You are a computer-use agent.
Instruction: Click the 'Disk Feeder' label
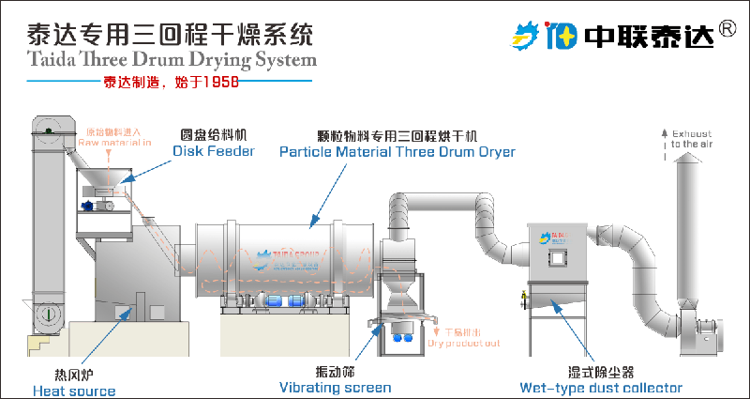pyautogui.click(x=213, y=151)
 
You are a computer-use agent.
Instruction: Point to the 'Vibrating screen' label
pyautogui.click(x=335, y=387)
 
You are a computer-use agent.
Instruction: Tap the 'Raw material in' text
pyautogui.click(x=119, y=143)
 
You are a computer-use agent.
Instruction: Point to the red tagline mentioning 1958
pyautogui.click(x=171, y=82)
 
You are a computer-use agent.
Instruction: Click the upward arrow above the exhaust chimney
pyautogui.click(x=664, y=136)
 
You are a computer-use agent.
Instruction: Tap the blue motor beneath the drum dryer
pyautogui.click(x=277, y=301)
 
